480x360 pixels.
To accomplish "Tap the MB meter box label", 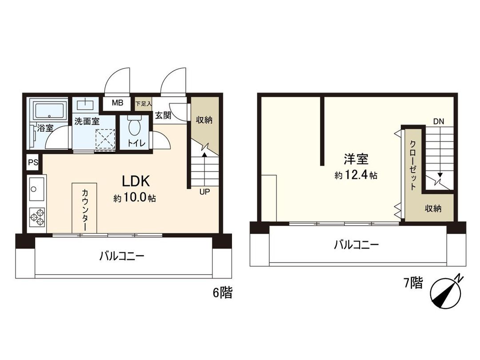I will (117, 103).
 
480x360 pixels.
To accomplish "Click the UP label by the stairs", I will (204, 192).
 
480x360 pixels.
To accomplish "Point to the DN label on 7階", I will (439, 121).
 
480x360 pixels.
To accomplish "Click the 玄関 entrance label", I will (163, 115).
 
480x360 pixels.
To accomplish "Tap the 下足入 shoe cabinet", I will (143, 103).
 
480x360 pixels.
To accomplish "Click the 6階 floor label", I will (222, 293).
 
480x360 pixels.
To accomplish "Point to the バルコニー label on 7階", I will (356, 244).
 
